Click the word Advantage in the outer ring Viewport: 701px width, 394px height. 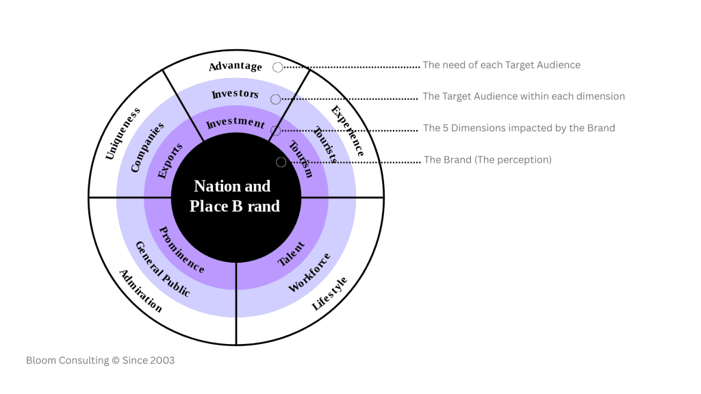pyautogui.click(x=235, y=66)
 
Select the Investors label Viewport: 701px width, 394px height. pyautogui.click(x=235, y=94)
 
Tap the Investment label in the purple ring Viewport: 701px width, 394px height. pyautogui.click(x=235, y=123)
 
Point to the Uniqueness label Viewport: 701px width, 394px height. pyautogui.click(x=123, y=133)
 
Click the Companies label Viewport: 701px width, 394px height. pyautogui.click(x=147, y=147)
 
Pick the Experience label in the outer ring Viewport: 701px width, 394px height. pyautogui.click(x=347, y=131)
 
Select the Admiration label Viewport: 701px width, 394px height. pyautogui.click(x=141, y=291)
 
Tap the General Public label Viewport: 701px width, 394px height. pyautogui.click(x=162, y=269)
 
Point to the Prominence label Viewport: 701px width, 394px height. pyautogui.click(x=181, y=250)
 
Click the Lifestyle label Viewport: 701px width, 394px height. pyautogui.click(x=329, y=293)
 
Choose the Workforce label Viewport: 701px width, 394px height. pyautogui.click(x=309, y=272)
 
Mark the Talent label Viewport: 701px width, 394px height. pyautogui.click(x=291, y=254)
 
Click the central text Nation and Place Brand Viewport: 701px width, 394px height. pyautogui.click(x=234, y=196)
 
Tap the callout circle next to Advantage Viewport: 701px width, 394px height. pyautogui.click(x=277, y=67)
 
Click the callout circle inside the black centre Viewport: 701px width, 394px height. pyautogui.click(x=281, y=162)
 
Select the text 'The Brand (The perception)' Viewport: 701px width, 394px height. pyautogui.click(x=487, y=160)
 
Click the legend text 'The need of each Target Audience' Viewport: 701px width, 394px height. pyautogui.click(x=501, y=65)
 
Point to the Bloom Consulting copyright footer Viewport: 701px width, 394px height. pyautogui.click(x=100, y=360)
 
